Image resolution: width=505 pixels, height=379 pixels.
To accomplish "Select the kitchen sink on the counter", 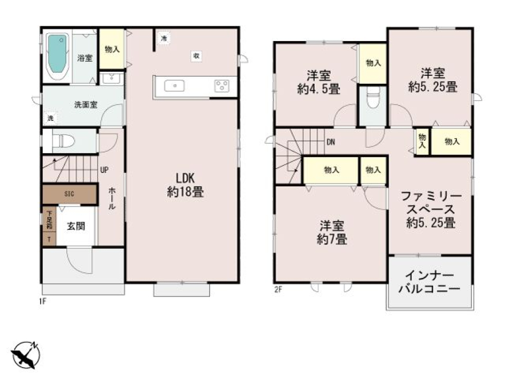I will (x=174, y=86).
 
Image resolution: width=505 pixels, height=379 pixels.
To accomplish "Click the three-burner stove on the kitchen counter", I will (x=221, y=86).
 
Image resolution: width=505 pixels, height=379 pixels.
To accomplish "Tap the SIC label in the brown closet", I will (x=69, y=194).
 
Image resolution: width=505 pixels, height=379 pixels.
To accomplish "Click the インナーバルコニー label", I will (x=429, y=282).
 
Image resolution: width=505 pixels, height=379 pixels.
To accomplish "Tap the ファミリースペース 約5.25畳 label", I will (x=430, y=209).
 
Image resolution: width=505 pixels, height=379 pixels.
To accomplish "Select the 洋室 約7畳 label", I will (x=332, y=232).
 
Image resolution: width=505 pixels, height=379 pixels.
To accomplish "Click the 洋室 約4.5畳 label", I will (x=318, y=81).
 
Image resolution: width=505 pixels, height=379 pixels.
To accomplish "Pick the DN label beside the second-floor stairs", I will (x=331, y=142).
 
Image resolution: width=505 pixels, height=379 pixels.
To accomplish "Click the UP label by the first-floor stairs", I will (x=104, y=169).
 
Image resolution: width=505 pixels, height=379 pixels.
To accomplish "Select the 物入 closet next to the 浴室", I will (x=112, y=49).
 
